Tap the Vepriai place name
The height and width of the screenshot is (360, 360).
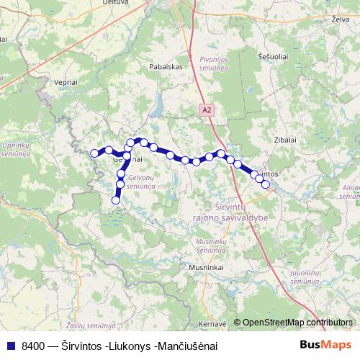click(63, 84)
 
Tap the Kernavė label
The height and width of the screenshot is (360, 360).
click(213, 323)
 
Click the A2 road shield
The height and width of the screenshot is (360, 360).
click(207, 109)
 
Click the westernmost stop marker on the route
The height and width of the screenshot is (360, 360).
click(94, 153)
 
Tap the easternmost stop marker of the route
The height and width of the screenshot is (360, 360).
click(266, 184)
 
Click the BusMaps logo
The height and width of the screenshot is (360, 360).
click(325, 346)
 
